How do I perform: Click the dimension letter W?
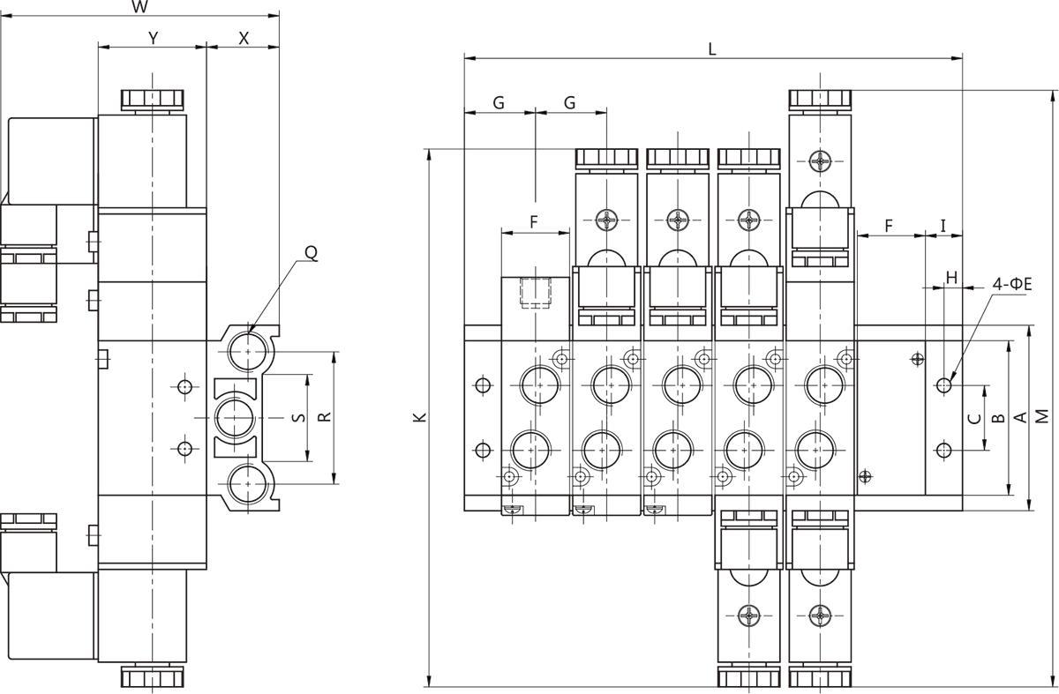click(139, 7)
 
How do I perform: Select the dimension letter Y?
click(153, 38)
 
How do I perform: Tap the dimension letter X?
click(244, 38)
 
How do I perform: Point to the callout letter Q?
click(311, 253)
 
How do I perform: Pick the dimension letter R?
click(325, 417)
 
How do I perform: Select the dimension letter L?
click(712, 49)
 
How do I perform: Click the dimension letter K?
click(420, 417)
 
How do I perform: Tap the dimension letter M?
click(1042, 416)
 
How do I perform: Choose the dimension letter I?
click(943, 226)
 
